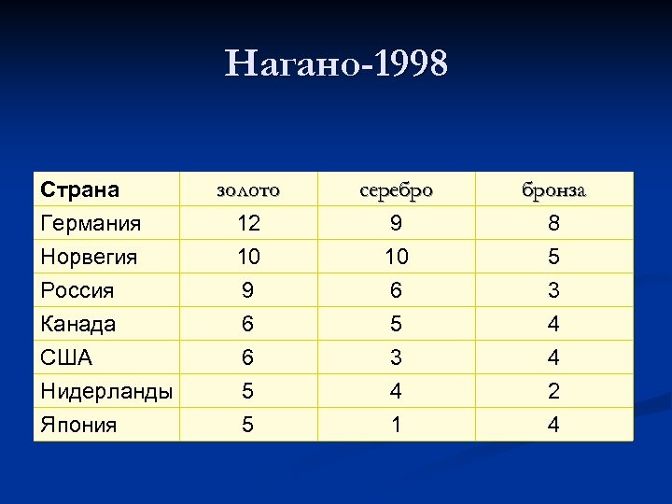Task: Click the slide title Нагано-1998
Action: coord(336,64)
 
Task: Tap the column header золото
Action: coord(247,190)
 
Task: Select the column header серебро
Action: coord(396,190)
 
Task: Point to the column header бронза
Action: coord(553,190)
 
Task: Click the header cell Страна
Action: coord(80,189)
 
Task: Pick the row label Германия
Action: coord(91,223)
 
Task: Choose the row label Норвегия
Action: coord(89,257)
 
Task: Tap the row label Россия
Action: coord(77,290)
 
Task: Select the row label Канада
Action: coord(78,324)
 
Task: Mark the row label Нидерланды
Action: coord(106,391)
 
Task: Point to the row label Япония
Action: coord(78,425)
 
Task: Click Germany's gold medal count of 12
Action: coord(248,224)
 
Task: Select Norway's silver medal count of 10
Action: coord(396,257)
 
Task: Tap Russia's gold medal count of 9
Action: coord(247,290)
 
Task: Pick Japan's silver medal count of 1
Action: coord(396,425)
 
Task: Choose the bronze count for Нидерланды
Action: coord(553,391)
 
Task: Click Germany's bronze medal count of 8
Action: coord(553,224)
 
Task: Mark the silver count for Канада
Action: coord(396,324)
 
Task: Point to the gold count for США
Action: coord(247,357)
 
